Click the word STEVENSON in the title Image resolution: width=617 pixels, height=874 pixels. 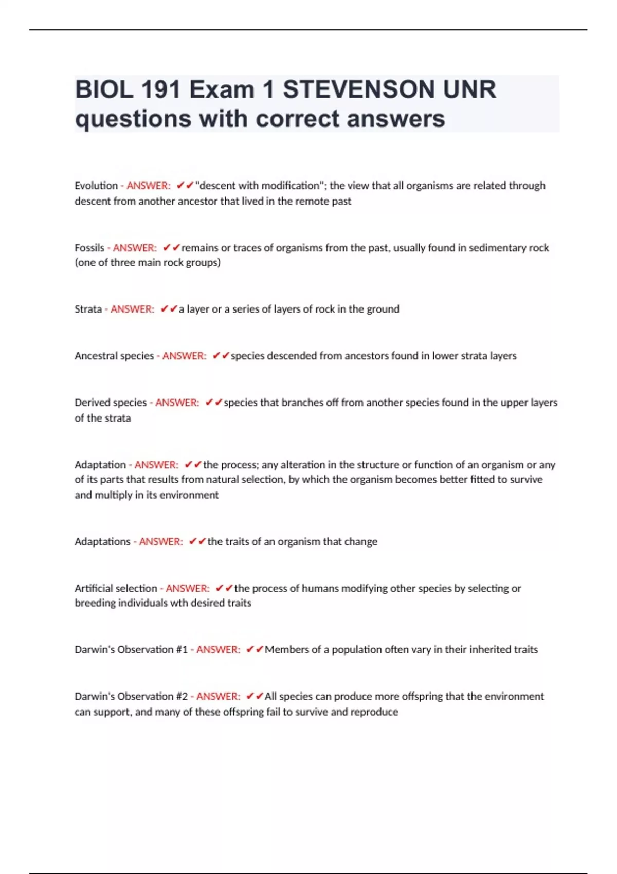358,89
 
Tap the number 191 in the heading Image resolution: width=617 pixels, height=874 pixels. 159,89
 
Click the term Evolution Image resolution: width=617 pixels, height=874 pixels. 96,186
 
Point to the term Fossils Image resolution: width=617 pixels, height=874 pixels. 89,248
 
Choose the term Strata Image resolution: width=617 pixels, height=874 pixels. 88,309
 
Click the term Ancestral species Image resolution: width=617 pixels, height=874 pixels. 114,356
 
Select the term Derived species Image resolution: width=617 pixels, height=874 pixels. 111,403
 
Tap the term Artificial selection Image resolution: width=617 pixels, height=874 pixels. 116,588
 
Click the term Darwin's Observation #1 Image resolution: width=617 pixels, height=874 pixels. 131,649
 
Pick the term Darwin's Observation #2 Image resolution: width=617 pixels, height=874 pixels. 131,696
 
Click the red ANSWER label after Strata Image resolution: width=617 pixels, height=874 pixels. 132,309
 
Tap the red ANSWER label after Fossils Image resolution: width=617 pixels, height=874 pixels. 135,248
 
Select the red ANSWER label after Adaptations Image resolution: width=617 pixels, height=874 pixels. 161,541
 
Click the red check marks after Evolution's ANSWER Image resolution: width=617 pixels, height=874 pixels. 185,186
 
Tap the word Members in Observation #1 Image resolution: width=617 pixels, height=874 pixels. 285,649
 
